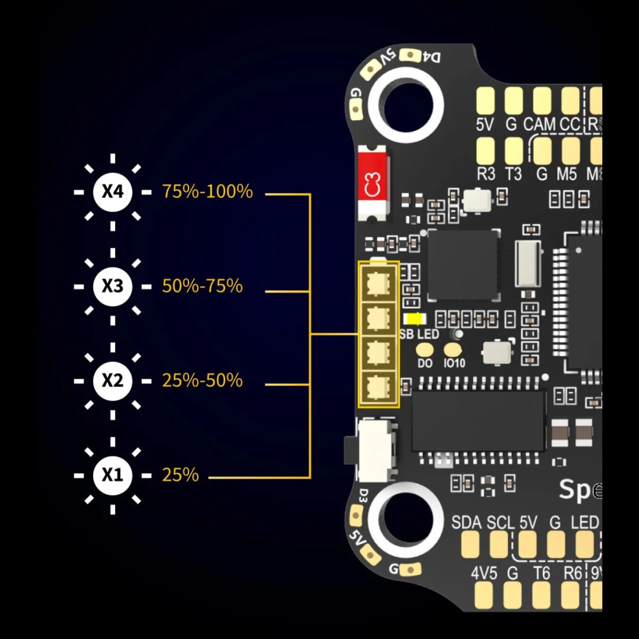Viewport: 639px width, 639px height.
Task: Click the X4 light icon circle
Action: click(113, 192)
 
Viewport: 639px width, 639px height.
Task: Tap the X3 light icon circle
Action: click(113, 286)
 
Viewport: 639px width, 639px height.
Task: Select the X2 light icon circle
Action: click(113, 381)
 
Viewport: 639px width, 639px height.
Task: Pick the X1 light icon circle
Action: click(113, 475)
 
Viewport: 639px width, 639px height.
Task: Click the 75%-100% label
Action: click(207, 192)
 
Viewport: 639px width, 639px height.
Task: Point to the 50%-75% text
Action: click(202, 286)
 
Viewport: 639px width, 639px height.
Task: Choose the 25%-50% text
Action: click(202, 381)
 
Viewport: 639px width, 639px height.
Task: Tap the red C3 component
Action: click(373, 183)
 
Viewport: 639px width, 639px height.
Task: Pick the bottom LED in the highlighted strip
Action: click(378, 388)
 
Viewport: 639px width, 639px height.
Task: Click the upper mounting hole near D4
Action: click(406, 105)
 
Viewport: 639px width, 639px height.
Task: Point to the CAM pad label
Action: click(539, 124)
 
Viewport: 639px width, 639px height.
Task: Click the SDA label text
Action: click(466, 523)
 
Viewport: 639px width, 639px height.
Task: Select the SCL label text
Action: click(501, 523)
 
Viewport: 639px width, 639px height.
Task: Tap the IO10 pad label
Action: click(454, 363)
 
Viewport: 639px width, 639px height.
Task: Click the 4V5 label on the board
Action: click(484, 574)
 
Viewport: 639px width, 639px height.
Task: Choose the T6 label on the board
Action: click(541, 574)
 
